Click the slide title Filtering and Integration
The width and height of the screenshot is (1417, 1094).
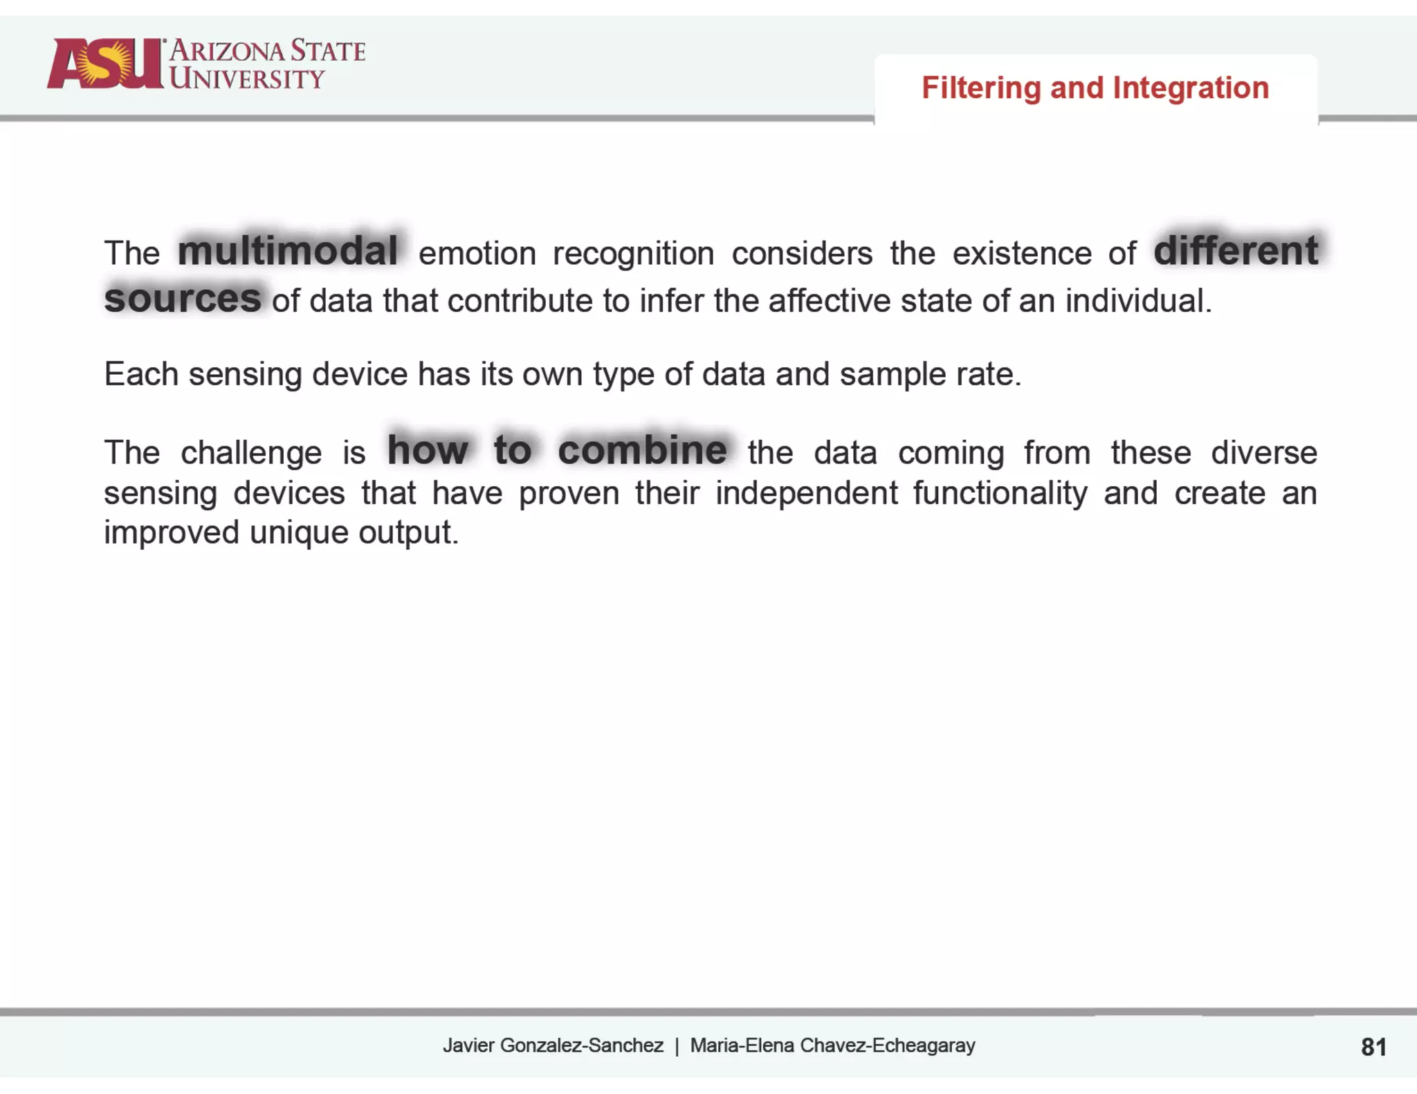point(1095,88)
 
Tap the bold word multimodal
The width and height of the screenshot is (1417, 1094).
point(288,250)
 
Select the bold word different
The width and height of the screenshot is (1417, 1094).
point(1236,250)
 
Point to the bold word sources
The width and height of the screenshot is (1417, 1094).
point(183,299)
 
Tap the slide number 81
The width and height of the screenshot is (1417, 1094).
point(1373,1047)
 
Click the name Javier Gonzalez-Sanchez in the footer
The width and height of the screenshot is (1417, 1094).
point(553,1046)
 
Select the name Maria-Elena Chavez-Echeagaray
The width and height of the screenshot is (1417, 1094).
point(832,1046)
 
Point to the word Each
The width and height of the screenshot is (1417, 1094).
point(141,374)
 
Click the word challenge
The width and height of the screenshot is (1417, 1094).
point(251,453)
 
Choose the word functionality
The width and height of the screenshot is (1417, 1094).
point(1000,494)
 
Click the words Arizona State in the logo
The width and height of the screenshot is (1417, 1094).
point(267,51)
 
